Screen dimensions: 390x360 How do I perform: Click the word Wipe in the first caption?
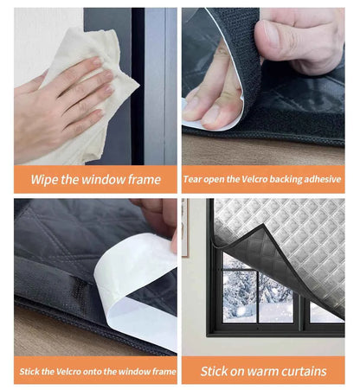point(46,180)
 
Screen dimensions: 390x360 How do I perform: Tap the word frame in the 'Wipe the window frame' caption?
point(142,180)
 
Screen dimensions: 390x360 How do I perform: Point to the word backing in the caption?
point(279,180)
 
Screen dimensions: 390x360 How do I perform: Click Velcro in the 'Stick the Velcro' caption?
point(61,371)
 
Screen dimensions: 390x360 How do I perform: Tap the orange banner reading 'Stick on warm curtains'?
point(264,371)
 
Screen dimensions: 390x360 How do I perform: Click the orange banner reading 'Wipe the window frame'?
point(95,180)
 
